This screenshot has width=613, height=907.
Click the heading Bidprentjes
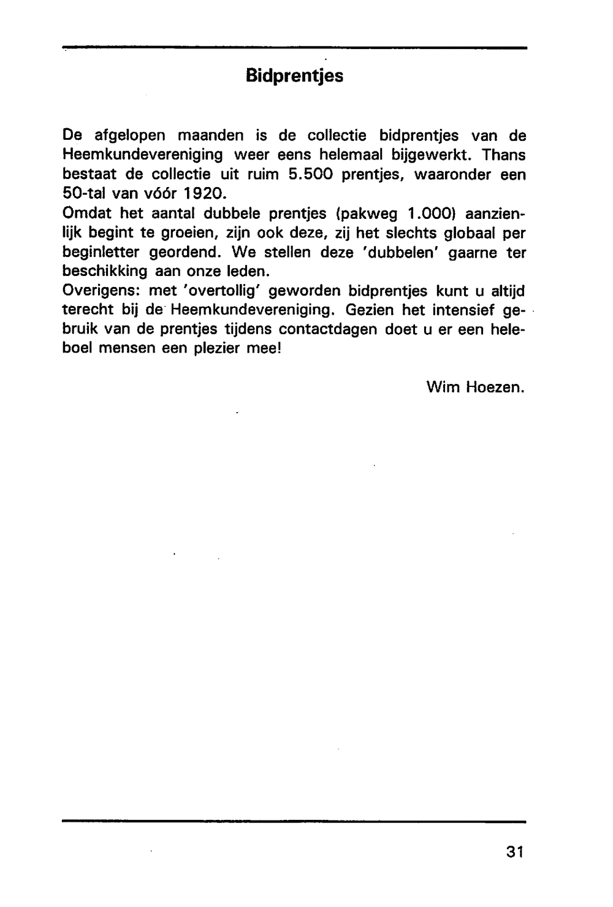click(x=294, y=76)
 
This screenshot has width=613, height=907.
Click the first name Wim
click(x=442, y=387)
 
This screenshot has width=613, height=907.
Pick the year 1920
click(x=201, y=194)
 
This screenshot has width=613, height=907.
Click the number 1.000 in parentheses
click(x=432, y=214)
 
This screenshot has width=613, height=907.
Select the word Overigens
click(x=101, y=291)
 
